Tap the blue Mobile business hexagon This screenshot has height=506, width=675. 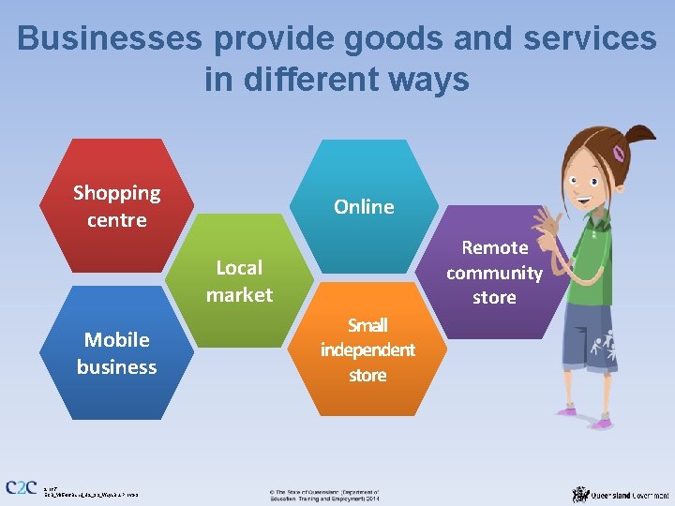[116, 352]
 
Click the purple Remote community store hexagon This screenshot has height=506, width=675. [494, 273]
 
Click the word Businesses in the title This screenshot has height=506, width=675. [109, 38]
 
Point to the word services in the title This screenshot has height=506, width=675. [590, 38]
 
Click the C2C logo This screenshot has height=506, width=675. [21, 487]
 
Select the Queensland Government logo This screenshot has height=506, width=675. [621, 493]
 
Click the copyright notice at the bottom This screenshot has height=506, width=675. [324, 494]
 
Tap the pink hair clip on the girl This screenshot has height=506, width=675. [619, 152]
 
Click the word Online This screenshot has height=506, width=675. [364, 206]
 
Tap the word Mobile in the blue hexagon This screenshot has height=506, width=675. [116, 339]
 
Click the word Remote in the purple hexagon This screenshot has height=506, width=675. [495, 247]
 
